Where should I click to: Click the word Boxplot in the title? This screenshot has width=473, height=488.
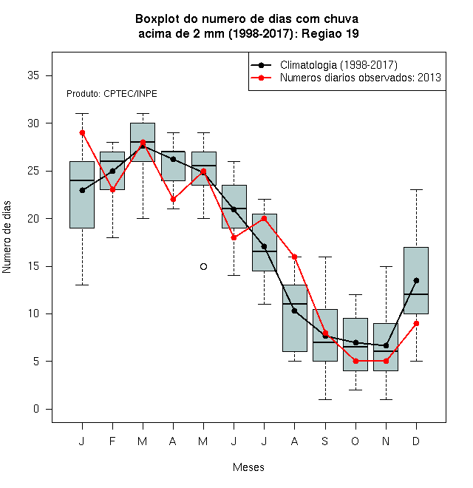point(157,19)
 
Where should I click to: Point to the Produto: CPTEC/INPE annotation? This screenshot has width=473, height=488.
point(112,94)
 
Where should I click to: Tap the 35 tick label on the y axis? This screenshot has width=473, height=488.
point(33,75)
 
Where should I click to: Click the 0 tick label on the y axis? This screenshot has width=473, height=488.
point(36,409)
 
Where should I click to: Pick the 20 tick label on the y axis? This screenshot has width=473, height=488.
point(33,218)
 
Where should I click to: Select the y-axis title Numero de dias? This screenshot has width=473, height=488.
point(7,237)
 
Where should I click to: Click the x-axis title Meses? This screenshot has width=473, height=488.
point(248,467)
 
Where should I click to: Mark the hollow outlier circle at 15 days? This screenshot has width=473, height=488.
point(203,266)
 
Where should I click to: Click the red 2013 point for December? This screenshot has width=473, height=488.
point(416,323)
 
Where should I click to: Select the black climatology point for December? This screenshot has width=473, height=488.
point(416,280)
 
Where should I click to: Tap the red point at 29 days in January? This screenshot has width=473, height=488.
point(82,133)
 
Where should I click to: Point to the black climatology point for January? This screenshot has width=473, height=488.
point(82,190)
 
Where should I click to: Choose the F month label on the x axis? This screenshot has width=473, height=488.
point(112,441)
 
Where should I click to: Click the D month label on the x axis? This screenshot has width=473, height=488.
point(416,441)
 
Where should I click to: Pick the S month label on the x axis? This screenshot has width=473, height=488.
point(325,441)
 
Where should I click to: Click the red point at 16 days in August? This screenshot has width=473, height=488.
point(294,257)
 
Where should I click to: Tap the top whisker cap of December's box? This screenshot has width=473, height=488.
point(416,189)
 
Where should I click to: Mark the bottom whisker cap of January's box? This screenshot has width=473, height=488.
point(82,285)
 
